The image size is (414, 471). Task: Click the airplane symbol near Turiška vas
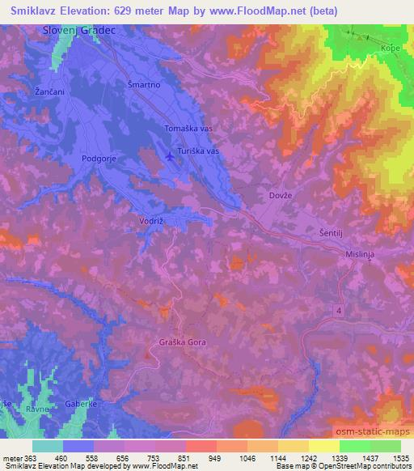pyautogui.click(x=170, y=155)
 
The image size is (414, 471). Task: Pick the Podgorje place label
pyautogui.click(x=99, y=159)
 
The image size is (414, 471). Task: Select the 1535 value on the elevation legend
pyautogui.click(x=398, y=458)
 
